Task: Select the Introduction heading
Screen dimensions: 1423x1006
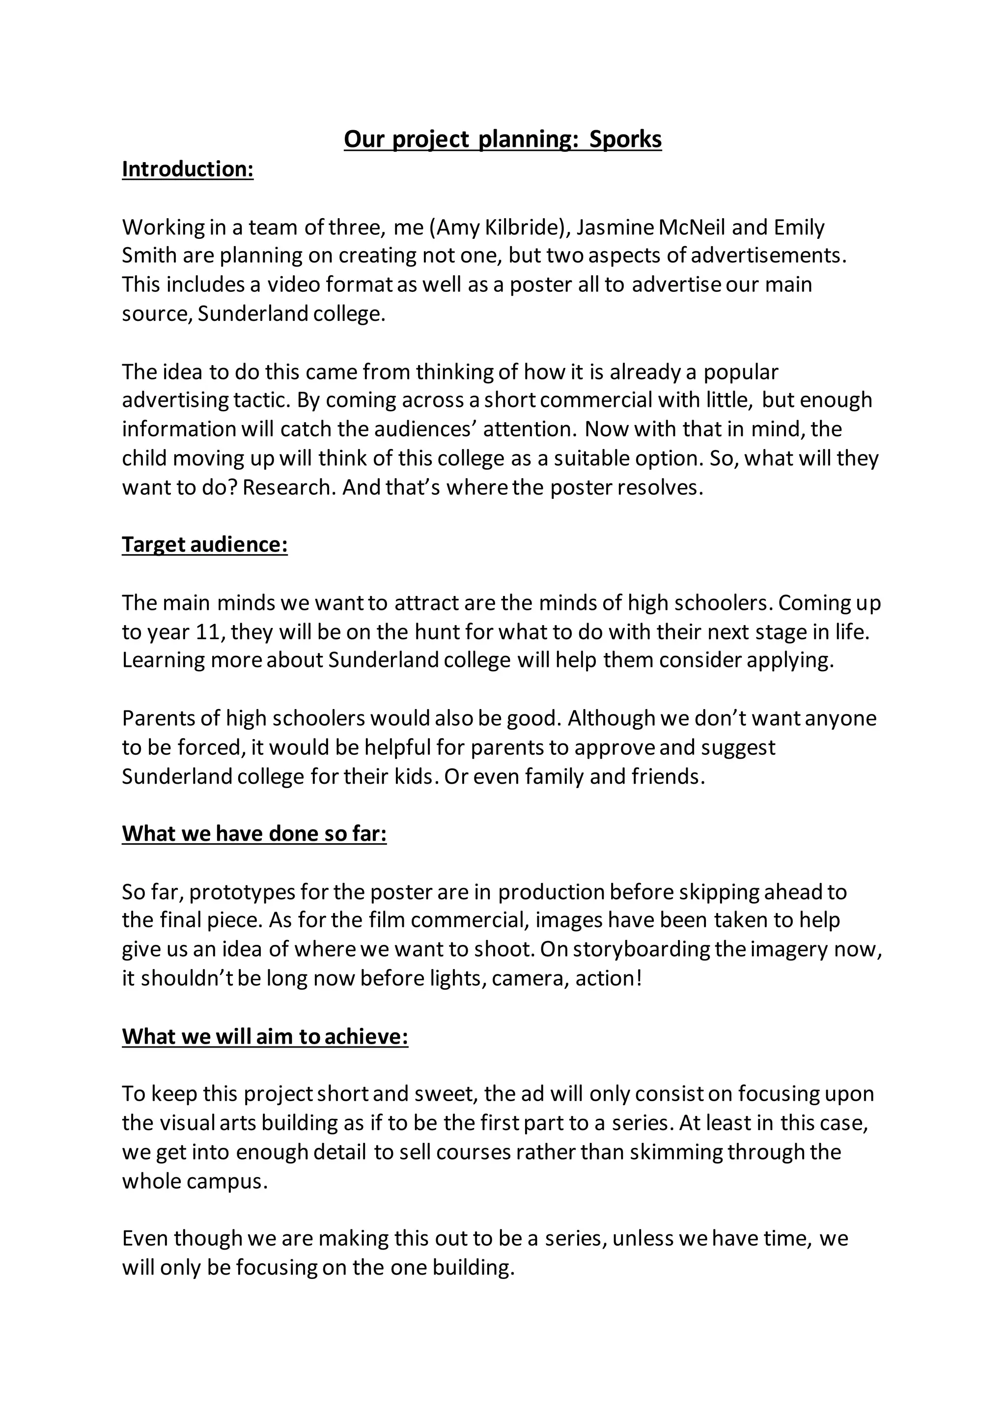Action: (188, 169)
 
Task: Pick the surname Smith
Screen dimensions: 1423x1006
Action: (149, 256)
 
